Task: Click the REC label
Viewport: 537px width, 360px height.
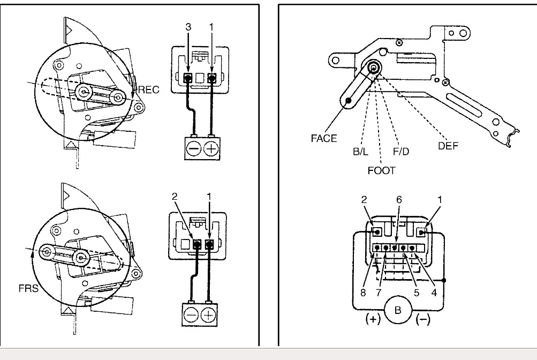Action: [148, 89]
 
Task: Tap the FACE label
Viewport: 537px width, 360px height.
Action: [324, 138]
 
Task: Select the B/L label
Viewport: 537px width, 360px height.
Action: [360, 152]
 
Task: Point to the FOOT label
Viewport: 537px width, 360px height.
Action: [382, 171]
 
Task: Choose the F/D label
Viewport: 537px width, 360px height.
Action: [401, 152]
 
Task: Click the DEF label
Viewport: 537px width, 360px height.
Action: [448, 145]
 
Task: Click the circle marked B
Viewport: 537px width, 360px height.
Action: [397, 310]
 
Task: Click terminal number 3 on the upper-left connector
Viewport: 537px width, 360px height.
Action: [188, 26]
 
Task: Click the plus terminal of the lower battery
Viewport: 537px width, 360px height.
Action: [208, 315]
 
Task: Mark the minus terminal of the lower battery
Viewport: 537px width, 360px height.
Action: [191, 315]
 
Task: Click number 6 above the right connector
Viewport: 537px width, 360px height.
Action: [398, 198]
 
